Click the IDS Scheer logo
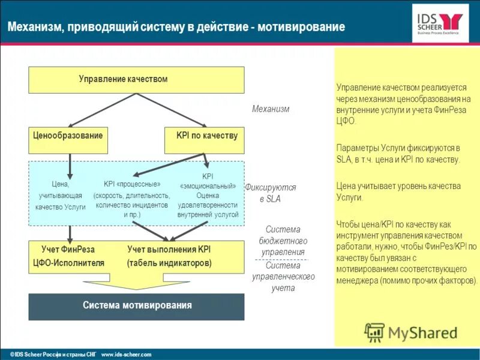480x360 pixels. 440,23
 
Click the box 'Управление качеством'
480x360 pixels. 136,80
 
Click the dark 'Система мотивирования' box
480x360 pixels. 136,306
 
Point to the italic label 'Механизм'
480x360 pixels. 271,109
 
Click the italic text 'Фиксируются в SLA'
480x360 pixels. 271,193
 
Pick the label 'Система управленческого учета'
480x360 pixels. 283,277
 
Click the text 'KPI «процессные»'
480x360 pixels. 132,184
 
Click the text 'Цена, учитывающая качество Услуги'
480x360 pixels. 60,196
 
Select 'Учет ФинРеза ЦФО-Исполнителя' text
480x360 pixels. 68,256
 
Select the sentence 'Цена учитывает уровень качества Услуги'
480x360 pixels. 399,191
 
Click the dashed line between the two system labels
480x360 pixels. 283,259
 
